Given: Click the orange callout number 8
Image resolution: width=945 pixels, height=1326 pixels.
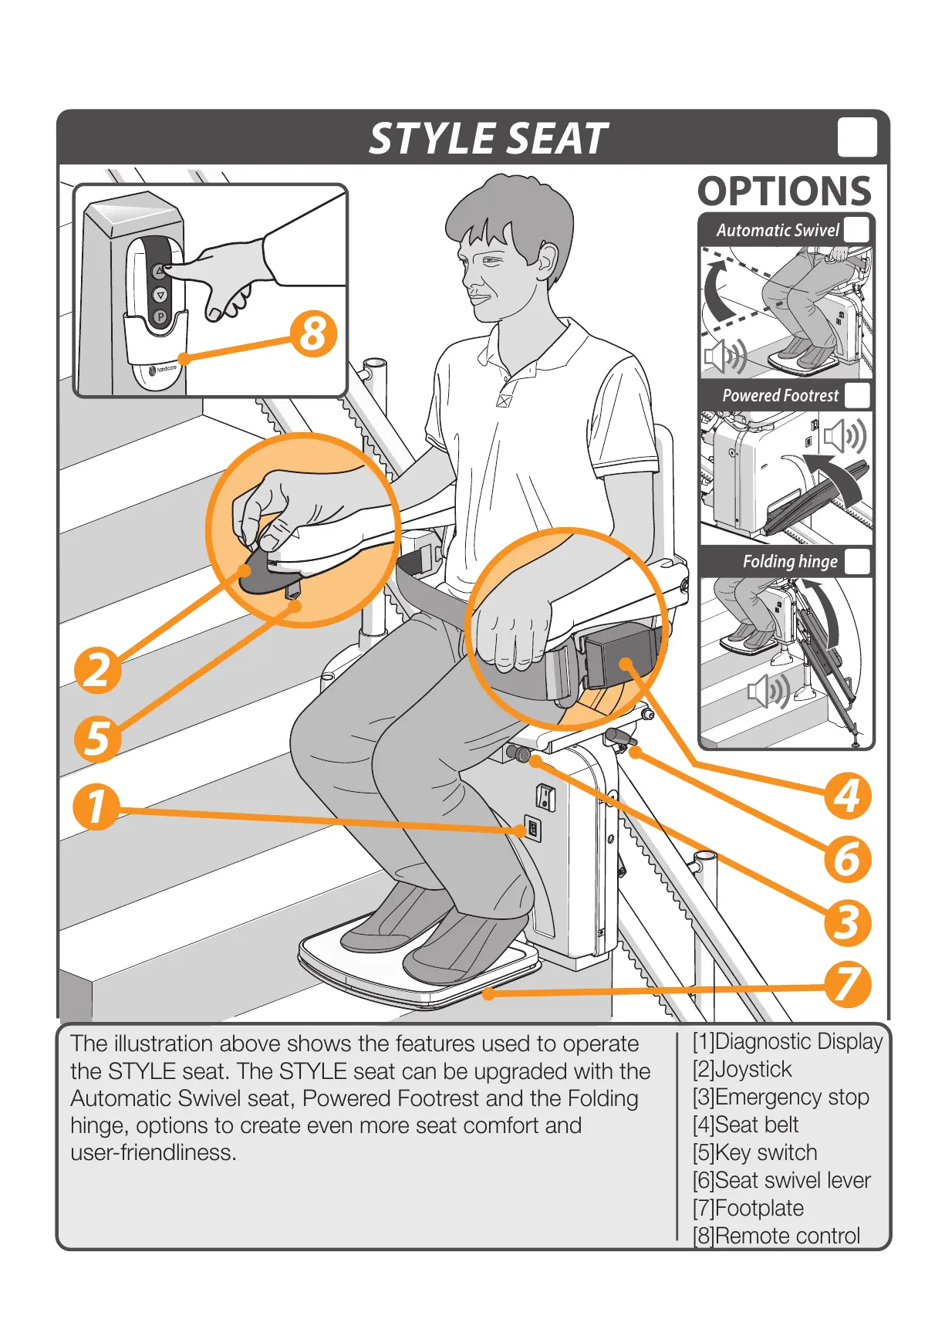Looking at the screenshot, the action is (x=313, y=334).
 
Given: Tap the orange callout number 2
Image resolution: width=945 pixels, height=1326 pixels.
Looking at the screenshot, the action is (x=98, y=669).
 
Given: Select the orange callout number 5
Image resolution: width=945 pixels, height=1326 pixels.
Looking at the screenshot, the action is (x=98, y=738).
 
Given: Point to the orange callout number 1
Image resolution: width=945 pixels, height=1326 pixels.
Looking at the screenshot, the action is (x=96, y=807).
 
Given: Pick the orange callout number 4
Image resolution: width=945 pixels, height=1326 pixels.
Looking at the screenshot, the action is (x=847, y=796).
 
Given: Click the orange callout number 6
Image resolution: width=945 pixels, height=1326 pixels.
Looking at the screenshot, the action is (x=847, y=859).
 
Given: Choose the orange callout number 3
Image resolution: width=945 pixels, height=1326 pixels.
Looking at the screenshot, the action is (x=847, y=922).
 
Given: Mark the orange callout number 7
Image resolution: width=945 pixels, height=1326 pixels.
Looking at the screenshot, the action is (x=847, y=985).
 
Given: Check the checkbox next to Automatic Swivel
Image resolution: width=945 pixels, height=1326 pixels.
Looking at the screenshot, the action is (x=856, y=230).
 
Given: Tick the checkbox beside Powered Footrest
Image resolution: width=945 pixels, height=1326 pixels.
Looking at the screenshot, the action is (x=857, y=395).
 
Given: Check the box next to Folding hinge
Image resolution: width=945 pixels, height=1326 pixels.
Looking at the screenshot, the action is (x=857, y=561).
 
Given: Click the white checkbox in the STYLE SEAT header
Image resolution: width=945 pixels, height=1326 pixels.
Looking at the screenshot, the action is (x=857, y=137).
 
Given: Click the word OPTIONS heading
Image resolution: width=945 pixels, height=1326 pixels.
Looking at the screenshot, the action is (x=785, y=191).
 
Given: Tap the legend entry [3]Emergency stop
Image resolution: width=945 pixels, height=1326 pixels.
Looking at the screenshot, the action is (x=781, y=1097).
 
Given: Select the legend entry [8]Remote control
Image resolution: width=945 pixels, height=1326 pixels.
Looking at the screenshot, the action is (x=776, y=1236).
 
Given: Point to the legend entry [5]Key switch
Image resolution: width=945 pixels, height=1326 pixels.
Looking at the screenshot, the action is (x=754, y=1152).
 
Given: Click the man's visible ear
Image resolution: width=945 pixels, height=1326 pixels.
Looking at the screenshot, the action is (x=547, y=260).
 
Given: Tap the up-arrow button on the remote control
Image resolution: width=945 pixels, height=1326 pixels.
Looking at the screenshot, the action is (x=159, y=271).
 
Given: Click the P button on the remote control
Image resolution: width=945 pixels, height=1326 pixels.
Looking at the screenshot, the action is (x=160, y=316).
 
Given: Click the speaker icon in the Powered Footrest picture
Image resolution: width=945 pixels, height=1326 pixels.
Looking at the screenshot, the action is (x=845, y=437).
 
